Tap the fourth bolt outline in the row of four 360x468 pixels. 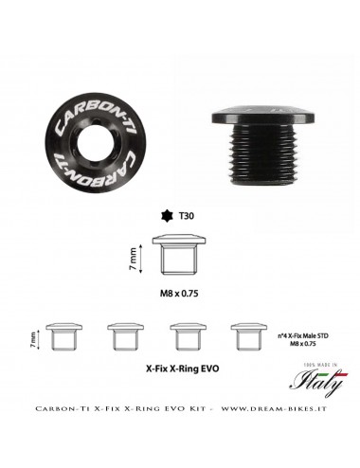tap(247, 335)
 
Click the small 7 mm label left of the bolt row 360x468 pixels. tap(33, 335)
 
